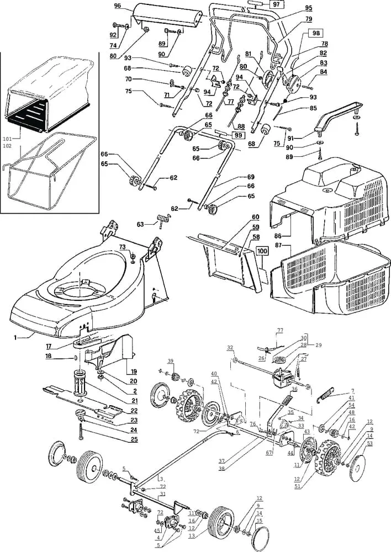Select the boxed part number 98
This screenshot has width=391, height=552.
click(316, 33)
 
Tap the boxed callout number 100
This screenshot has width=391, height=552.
click(262, 251)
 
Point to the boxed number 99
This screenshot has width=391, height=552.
click(239, 136)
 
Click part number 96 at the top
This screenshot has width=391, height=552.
click(117, 6)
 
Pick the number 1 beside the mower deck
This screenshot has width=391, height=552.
click(15, 338)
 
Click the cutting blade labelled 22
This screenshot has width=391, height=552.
click(82, 402)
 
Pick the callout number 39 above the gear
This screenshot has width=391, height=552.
click(171, 362)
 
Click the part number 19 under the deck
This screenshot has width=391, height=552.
click(134, 371)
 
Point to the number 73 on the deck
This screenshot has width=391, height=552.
click(122, 247)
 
